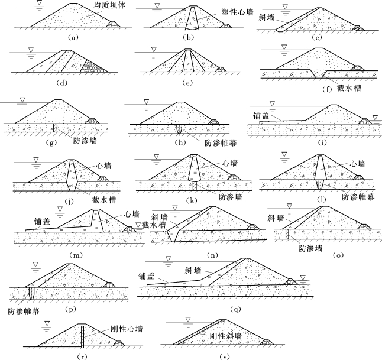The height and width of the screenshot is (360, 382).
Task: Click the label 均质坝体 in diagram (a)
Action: pos(109,5)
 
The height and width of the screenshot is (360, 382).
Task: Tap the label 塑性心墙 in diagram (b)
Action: pos(237,12)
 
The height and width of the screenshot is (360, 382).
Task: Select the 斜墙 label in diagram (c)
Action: pos(267,17)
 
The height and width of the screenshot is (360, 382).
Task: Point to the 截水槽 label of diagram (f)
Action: pos(349,88)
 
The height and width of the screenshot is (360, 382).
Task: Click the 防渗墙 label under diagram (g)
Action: pos(85,141)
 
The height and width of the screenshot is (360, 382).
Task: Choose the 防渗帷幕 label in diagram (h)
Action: pos(221,143)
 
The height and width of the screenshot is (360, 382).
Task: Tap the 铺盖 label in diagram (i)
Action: pos(261,116)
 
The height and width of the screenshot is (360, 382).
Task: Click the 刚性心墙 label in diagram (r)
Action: pos(127,329)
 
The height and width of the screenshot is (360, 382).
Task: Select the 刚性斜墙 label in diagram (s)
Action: pos(226,336)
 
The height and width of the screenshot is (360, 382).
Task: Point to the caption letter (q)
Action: pos(235,309)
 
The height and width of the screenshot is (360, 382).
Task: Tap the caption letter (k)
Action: pos(192,201)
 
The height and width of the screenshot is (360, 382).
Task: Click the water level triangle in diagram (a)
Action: pos(38,3)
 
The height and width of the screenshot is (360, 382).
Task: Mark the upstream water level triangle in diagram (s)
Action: pos(188,319)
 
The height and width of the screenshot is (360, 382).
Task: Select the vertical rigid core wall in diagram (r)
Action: pos(82,337)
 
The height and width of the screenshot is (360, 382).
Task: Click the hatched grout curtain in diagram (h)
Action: pos(179,129)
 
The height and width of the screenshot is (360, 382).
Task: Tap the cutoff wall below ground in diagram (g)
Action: pos(55,128)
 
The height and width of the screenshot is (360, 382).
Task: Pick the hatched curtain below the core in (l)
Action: pos(321,184)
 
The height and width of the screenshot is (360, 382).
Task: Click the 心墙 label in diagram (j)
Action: pos(103,166)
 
